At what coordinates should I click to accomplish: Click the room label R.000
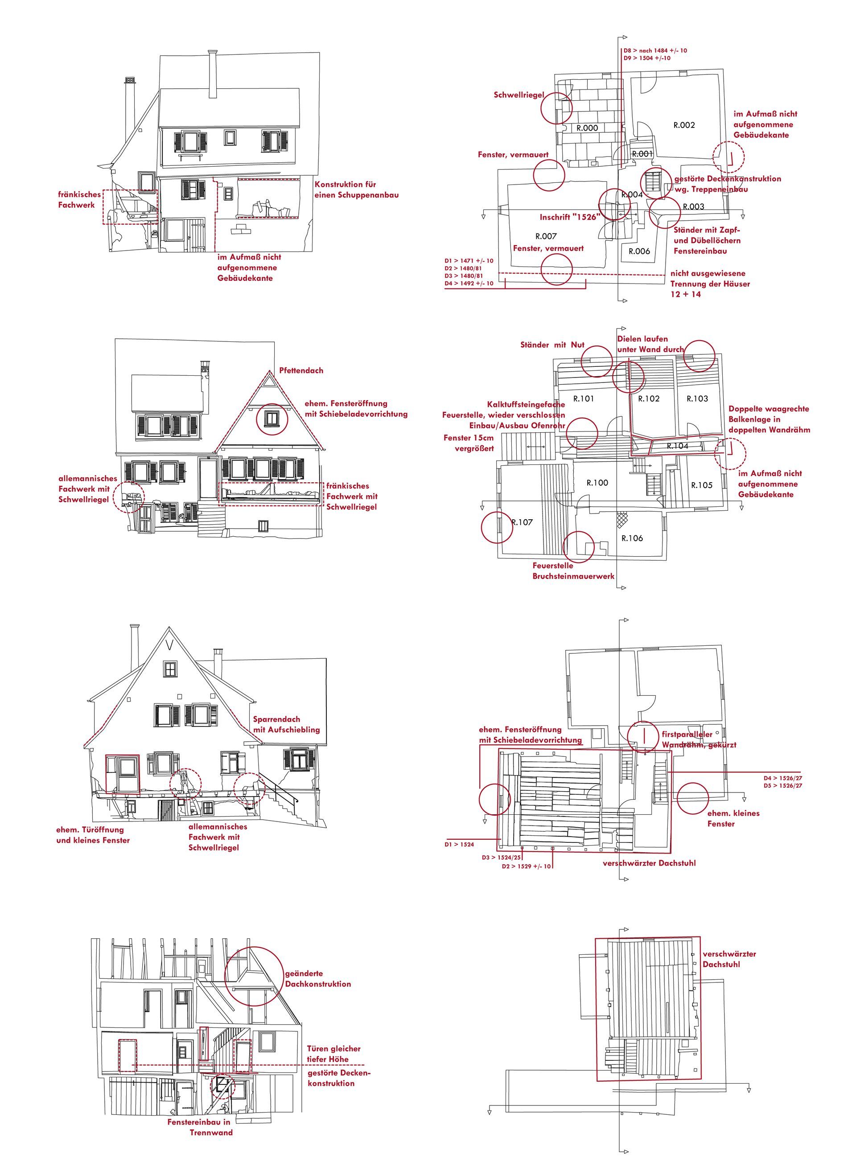[x=587, y=128]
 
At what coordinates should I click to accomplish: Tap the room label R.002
[x=684, y=125]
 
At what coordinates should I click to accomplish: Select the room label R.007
[x=546, y=236]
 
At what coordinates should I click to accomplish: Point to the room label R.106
[x=632, y=538]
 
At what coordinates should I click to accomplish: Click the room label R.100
[x=597, y=483]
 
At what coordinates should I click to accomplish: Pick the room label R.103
[x=697, y=398]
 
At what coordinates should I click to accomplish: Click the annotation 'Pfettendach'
[x=301, y=370]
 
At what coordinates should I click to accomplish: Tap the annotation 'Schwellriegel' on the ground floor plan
[x=519, y=95]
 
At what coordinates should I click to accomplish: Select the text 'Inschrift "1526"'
[x=569, y=217]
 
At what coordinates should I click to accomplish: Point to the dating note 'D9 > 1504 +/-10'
[x=647, y=58]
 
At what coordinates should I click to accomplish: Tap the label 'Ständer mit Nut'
[x=552, y=345]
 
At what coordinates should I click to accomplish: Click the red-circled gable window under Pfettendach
[x=272, y=418]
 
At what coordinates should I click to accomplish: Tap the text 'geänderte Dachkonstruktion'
[x=317, y=979]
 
